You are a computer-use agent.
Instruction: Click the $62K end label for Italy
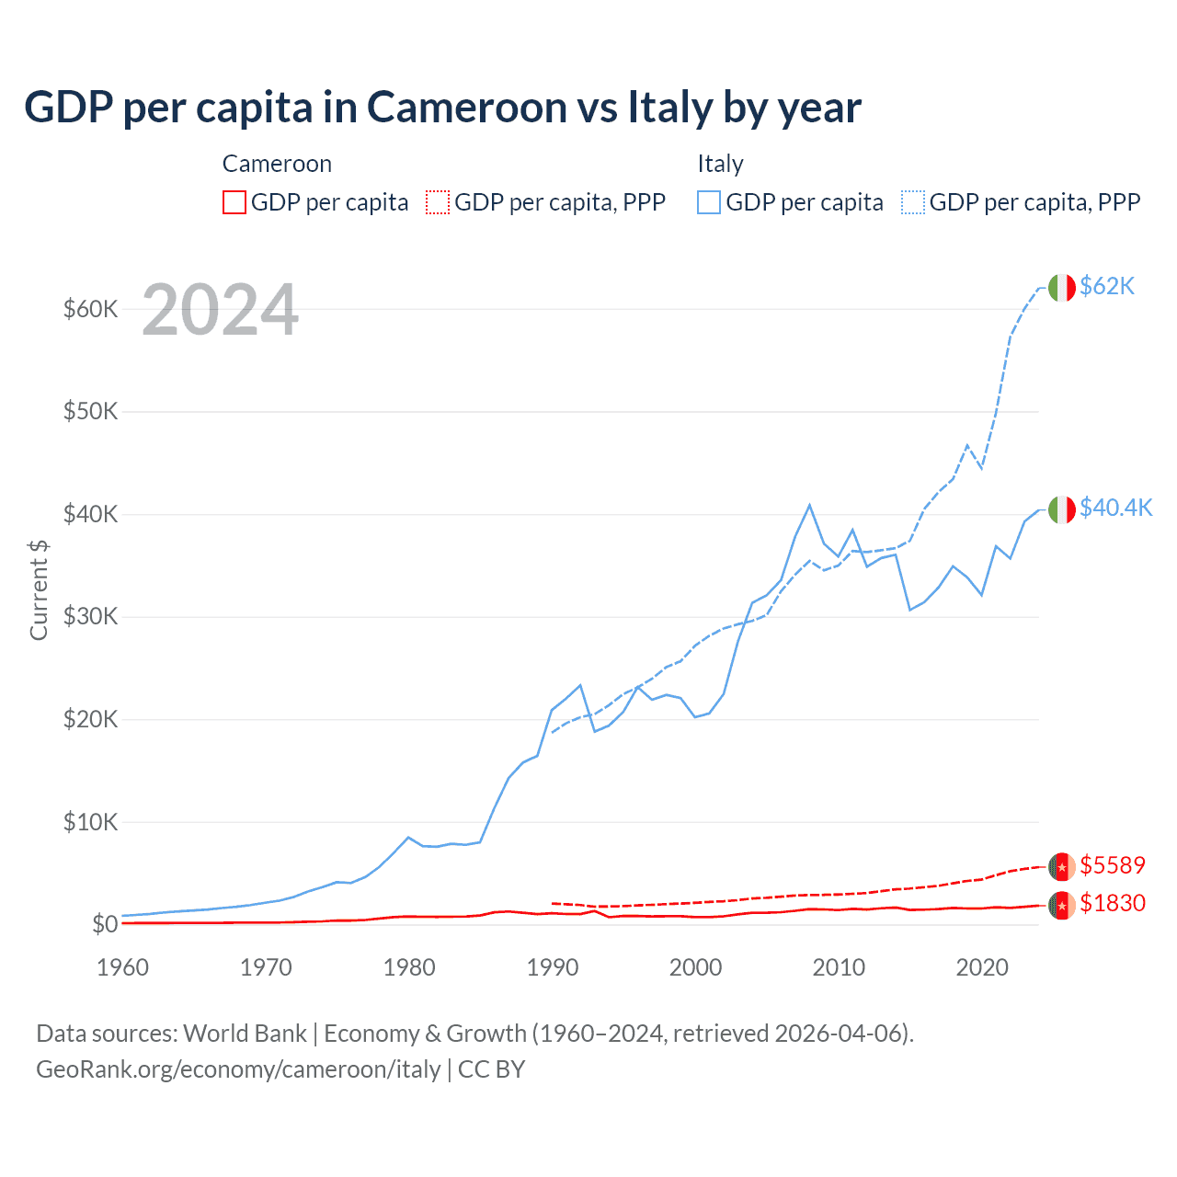point(1106,287)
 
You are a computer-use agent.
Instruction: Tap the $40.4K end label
point(1115,509)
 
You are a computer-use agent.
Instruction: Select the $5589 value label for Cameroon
point(1112,866)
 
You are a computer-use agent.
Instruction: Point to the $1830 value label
point(1112,904)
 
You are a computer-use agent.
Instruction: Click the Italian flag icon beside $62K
point(1061,288)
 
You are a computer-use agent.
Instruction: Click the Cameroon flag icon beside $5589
point(1061,866)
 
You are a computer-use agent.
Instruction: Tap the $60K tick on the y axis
point(90,309)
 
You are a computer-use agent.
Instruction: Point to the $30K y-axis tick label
point(90,617)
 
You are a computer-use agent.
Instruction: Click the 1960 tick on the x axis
point(122,967)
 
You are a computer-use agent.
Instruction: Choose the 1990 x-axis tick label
point(553,967)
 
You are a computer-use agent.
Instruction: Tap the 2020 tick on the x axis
point(982,967)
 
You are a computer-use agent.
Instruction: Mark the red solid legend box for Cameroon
point(234,202)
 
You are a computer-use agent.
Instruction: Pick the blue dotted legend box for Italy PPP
point(913,202)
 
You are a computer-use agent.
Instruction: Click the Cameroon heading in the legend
point(277,165)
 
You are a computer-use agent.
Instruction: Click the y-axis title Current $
point(39,589)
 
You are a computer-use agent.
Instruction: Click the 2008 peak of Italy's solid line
point(809,505)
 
